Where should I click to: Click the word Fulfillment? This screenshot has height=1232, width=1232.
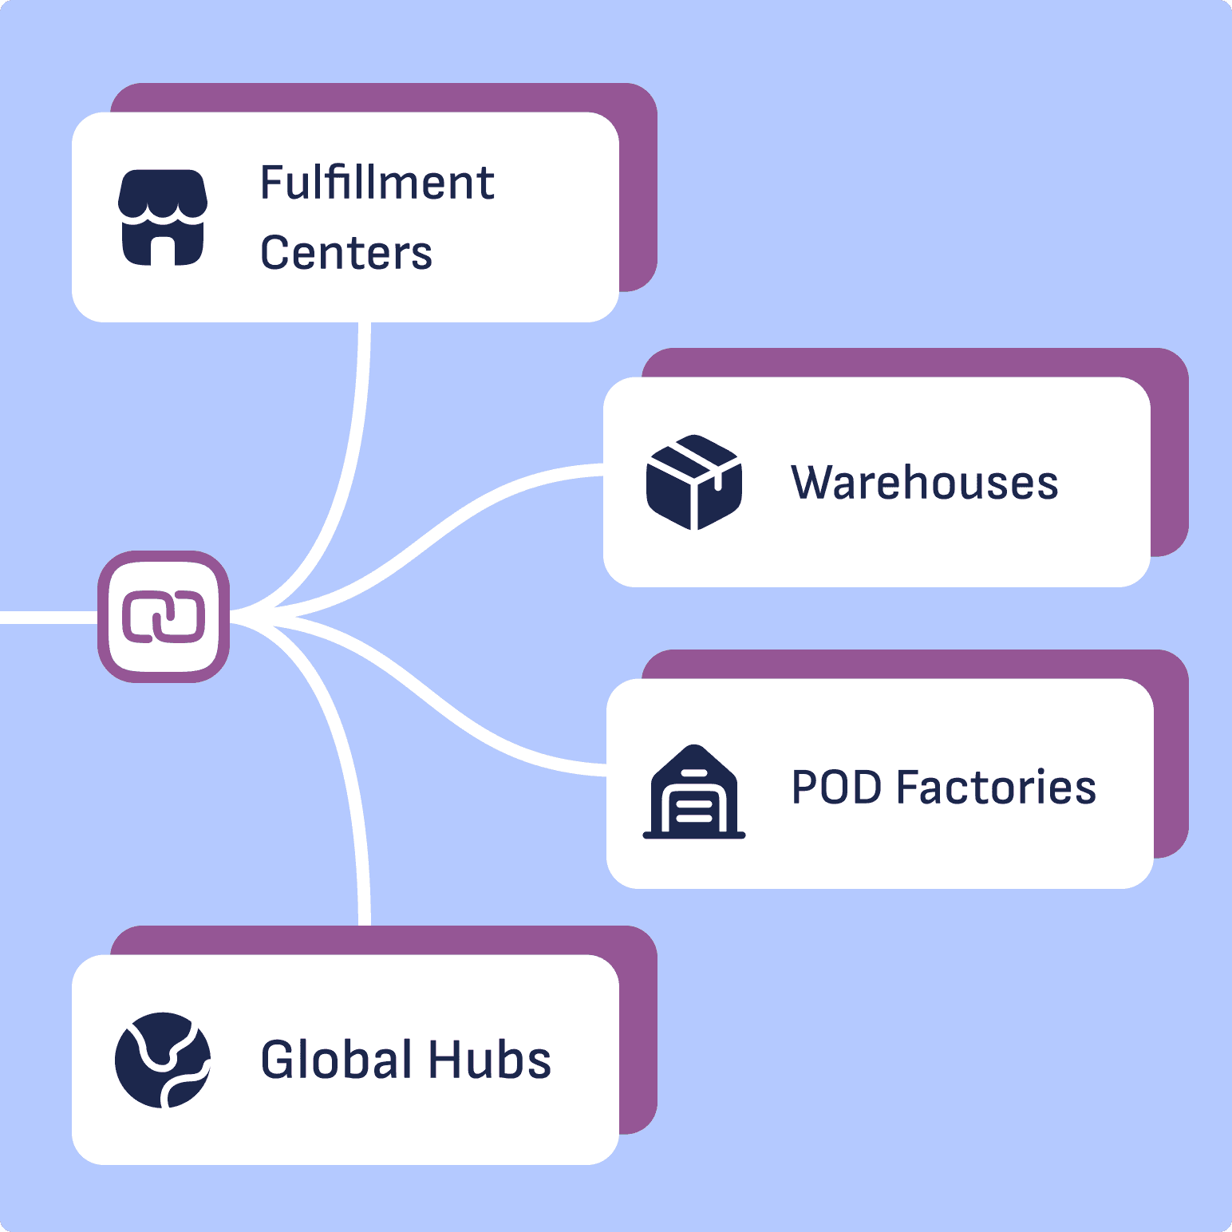pos(377,183)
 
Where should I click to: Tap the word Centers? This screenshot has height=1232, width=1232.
pos(346,253)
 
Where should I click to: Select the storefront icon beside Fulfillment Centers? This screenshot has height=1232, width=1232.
pos(163,217)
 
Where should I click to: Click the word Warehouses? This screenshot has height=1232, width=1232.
pos(924,483)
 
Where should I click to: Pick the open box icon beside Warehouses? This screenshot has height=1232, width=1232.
pos(694,482)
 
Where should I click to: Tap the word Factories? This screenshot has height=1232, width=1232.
pos(996,788)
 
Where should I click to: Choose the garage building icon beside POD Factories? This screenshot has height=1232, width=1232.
pos(694,792)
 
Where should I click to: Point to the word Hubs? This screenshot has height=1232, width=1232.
pos(489,1060)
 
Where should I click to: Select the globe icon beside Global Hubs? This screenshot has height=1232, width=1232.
pos(163,1060)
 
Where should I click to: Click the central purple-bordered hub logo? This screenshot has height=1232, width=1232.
pos(164,617)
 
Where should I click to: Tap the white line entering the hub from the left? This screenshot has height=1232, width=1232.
pos(48,617)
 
